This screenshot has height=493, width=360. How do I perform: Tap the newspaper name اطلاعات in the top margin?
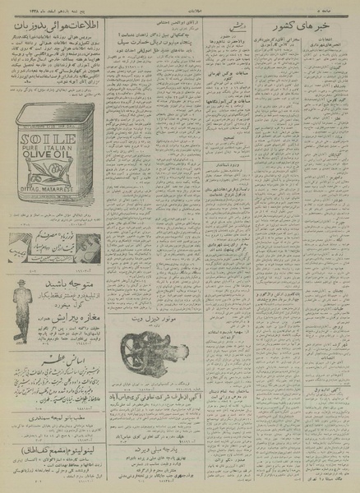[x=180, y=4]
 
